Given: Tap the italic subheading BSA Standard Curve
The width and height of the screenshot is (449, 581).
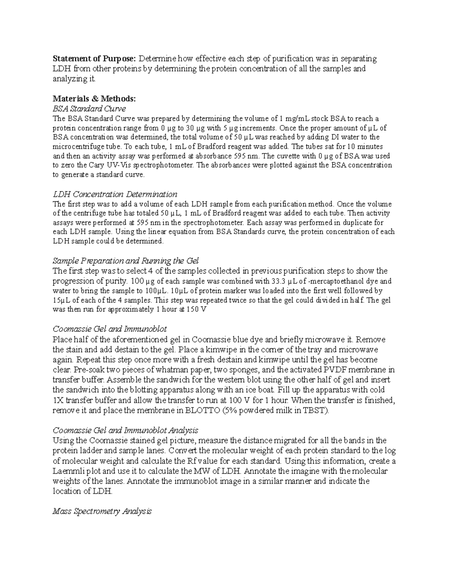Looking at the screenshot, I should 89,109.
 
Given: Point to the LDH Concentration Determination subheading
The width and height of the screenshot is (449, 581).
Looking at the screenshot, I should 115,194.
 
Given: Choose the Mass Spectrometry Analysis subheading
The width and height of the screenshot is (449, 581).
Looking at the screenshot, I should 102,511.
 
